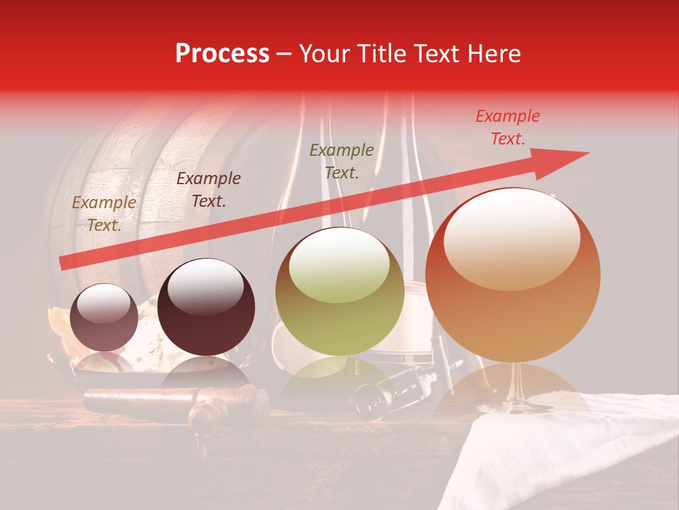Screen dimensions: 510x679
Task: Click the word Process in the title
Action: coord(222,54)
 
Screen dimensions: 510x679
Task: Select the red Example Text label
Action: coord(507,127)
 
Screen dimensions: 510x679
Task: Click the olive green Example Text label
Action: coord(342,161)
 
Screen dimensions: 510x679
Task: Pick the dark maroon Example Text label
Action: coord(209,190)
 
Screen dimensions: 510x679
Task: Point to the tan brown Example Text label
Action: coord(104,214)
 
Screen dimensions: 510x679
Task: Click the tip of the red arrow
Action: coord(587,153)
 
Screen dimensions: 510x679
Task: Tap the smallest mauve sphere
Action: coord(105,317)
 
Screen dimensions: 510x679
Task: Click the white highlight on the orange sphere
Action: coord(512,237)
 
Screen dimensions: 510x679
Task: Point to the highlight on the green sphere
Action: coord(339,263)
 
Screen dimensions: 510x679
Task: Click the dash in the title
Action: coord(284,54)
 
